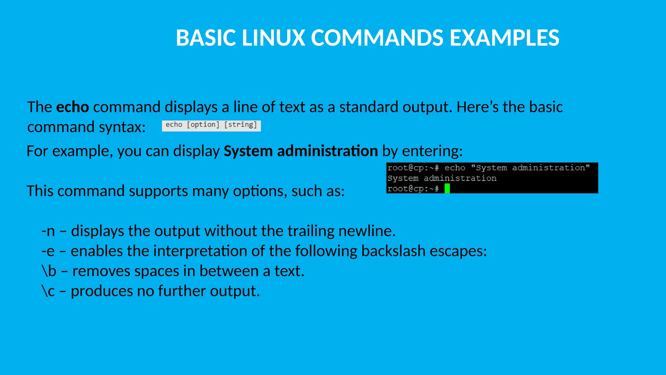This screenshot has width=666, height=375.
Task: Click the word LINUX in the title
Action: [273, 38]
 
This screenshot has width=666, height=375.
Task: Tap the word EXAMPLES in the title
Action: [504, 38]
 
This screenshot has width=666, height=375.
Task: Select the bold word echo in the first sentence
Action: [73, 107]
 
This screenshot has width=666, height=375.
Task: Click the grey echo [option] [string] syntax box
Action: [211, 125]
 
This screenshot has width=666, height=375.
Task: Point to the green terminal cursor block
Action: [447, 188]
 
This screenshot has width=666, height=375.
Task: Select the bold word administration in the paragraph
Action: [327, 151]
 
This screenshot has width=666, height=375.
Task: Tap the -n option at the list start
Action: [48, 231]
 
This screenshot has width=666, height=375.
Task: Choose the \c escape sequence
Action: [48, 291]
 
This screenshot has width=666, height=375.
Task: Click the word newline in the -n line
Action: [366, 231]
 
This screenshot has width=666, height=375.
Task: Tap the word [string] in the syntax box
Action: [241, 125]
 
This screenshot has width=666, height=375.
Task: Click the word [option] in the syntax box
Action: [203, 125]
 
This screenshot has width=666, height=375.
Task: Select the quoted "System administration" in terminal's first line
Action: [530, 168]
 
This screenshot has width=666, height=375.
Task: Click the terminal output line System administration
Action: [442, 178]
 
